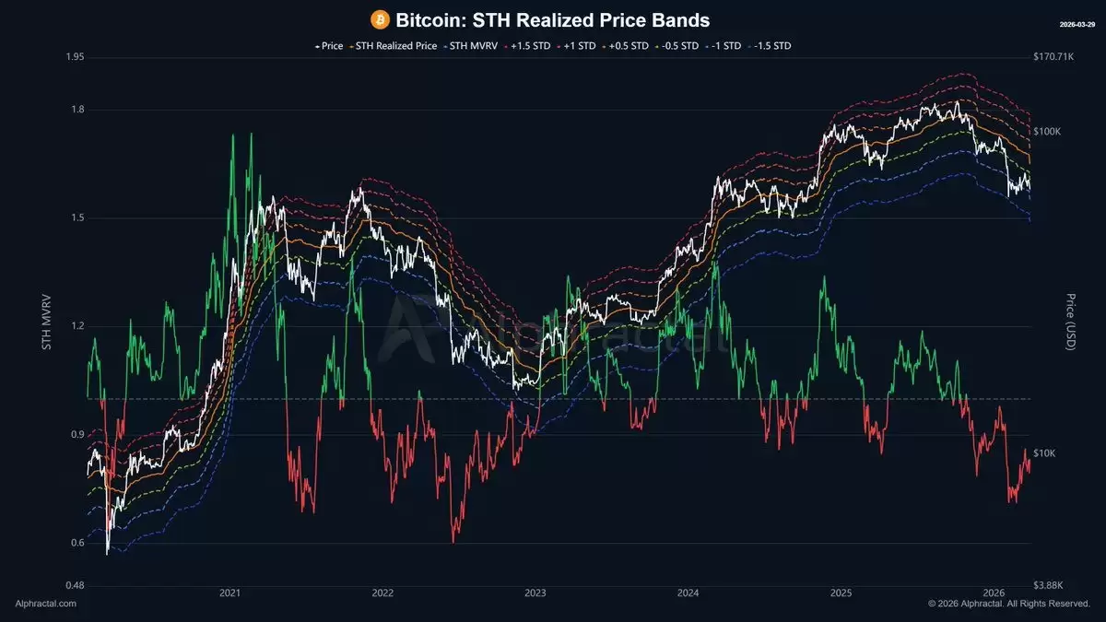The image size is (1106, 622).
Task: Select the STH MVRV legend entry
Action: click(x=470, y=45)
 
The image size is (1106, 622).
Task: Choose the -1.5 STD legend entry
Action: click(x=772, y=45)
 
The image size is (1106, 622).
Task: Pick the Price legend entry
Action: click(x=328, y=45)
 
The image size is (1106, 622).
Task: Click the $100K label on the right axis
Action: click(x=1048, y=132)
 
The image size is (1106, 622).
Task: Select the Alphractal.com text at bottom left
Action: click(x=46, y=604)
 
